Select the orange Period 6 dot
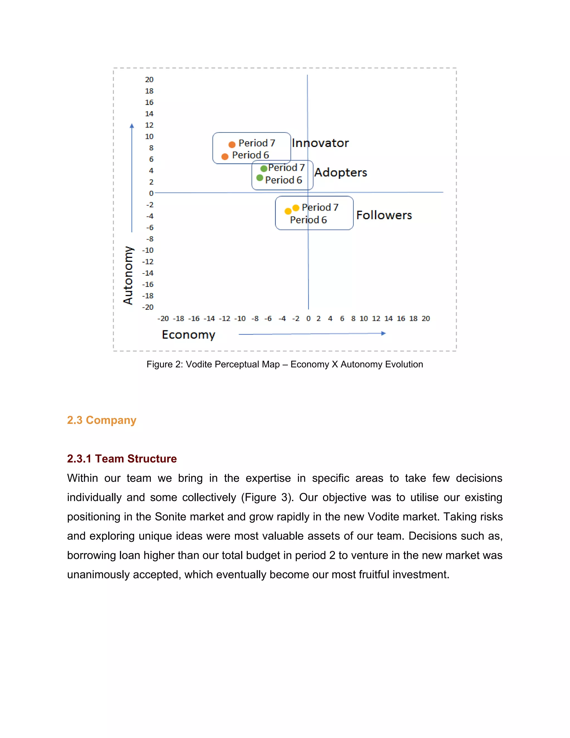click(225, 157)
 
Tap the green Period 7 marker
click(264, 168)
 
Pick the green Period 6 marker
click(260, 178)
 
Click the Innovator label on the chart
click(320, 143)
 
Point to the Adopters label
click(340, 172)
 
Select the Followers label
click(384, 215)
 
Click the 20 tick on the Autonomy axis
click(149, 79)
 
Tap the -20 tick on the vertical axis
click(148, 307)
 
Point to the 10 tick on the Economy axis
click(364, 318)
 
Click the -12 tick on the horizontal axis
click(225, 318)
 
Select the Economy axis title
click(188, 334)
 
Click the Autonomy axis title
click(128, 275)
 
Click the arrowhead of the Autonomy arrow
click(132, 126)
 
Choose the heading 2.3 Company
click(102, 420)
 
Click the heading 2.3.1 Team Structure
click(122, 459)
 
